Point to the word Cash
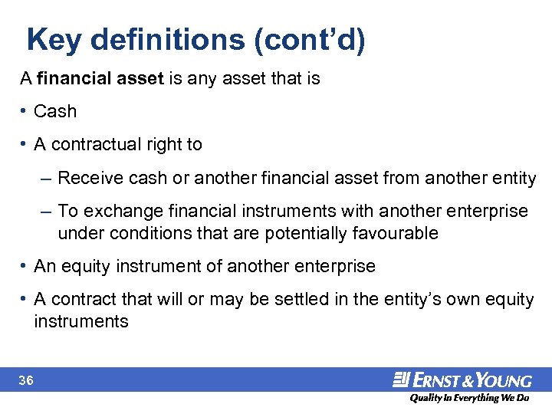pyautogui.click(x=55, y=112)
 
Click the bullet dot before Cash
pyautogui.click(x=25, y=112)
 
